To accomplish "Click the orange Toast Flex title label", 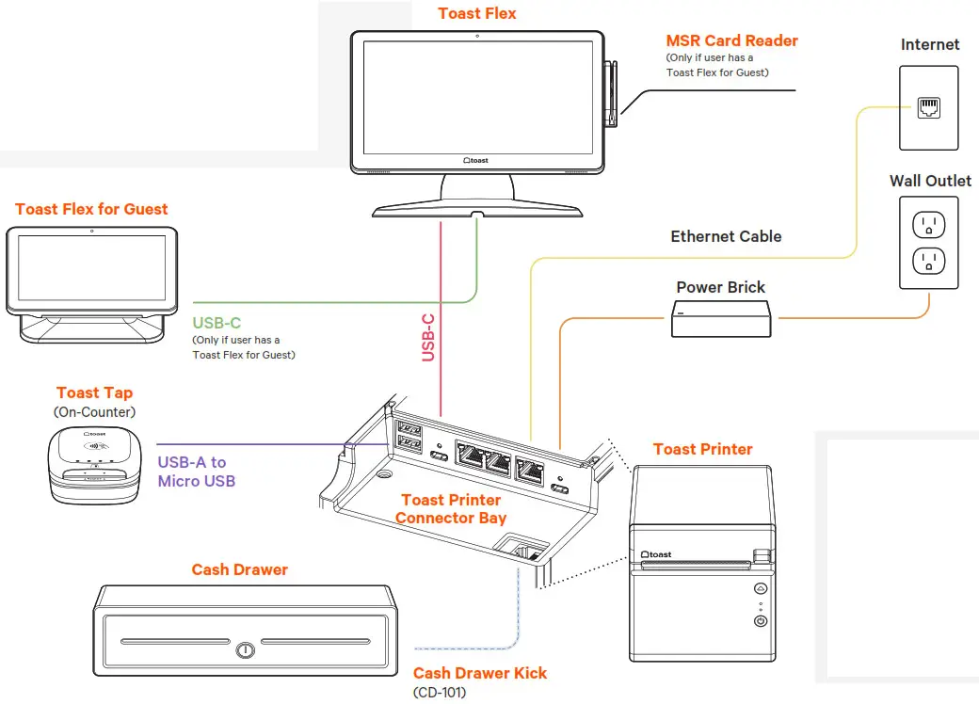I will coord(477,13).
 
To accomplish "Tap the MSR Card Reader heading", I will coord(731,40).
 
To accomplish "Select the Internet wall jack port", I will coord(929,107).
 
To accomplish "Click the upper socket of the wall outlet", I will coord(929,224).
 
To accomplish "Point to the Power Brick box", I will coord(722,319).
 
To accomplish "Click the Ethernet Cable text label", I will coord(726,236).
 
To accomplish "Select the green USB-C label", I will coord(217,323).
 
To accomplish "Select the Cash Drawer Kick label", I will coord(479,673).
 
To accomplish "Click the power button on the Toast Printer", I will coord(761,621).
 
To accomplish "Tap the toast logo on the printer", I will coord(656,554).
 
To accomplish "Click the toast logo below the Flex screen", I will coord(476,161).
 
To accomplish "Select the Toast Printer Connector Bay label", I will coord(451,508).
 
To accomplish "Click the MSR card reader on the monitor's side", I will coord(610,94).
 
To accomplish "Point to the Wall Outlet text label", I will coord(930,180).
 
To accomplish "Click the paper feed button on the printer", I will coord(761,588).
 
